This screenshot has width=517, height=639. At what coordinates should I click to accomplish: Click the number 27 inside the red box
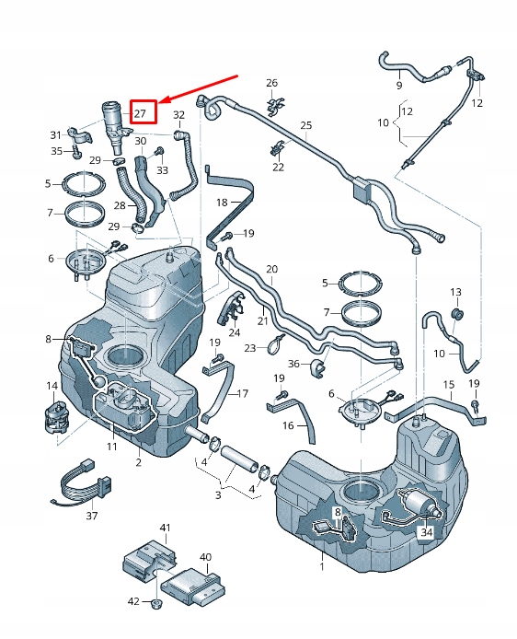[141, 113]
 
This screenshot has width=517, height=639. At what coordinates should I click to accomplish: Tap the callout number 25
[306, 125]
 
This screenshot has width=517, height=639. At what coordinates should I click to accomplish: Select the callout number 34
[425, 531]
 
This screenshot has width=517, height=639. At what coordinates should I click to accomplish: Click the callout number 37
[91, 516]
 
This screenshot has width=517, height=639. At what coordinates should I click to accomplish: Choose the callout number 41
[166, 528]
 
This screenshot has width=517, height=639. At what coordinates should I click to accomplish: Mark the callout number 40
[205, 557]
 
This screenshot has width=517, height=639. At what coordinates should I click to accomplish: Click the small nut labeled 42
[156, 604]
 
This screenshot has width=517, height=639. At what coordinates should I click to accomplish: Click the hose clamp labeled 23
[274, 347]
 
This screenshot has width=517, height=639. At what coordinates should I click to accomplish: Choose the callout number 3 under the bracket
[218, 495]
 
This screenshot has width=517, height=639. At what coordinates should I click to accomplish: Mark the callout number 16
[288, 426]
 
